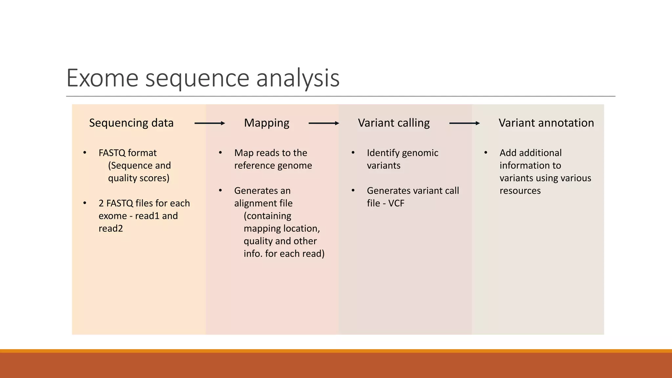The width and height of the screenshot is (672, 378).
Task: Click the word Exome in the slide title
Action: pos(102,78)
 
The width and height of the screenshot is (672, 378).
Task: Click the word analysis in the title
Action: pos(298,78)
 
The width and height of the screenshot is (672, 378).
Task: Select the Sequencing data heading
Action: pos(131,123)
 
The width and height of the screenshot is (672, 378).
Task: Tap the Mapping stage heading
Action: pos(266,123)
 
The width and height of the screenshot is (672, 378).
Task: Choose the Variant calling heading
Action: pos(394,123)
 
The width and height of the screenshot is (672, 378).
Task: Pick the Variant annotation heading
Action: pos(546,123)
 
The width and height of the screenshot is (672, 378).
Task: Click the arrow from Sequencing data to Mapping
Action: pos(210,123)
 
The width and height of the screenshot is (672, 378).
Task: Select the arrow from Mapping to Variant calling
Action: pos(324,123)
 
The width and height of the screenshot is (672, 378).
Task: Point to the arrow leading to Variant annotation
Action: pos(464,123)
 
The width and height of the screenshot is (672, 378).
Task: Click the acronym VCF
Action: pos(396,203)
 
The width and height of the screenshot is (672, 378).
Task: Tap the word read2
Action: pos(111,229)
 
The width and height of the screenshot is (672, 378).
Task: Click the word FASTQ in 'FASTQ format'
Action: pos(112,153)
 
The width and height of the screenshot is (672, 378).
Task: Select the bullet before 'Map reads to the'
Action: pos(220,153)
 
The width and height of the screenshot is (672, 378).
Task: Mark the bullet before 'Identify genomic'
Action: pos(353,153)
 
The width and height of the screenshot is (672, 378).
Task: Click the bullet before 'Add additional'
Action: pos(486,153)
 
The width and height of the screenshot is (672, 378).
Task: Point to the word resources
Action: pos(520,191)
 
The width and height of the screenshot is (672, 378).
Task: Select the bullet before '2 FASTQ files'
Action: pos(85,203)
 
